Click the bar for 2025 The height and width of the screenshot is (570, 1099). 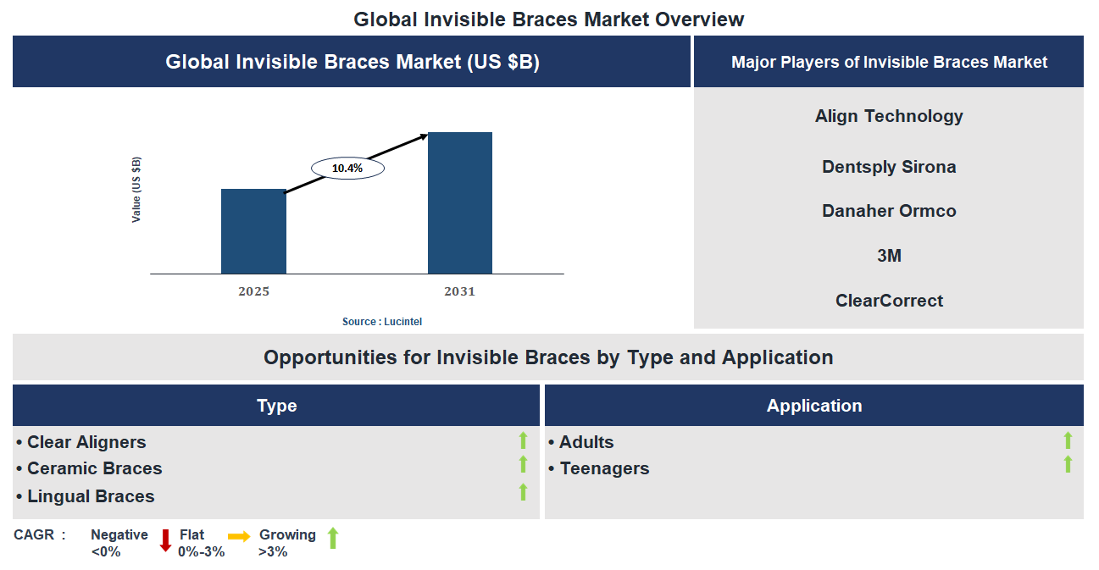(x=253, y=231)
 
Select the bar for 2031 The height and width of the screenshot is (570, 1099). (x=459, y=203)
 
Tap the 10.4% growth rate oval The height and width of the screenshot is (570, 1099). (x=347, y=169)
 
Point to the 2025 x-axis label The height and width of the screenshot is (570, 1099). (x=253, y=291)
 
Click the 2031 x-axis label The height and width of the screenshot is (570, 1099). (x=459, y=291)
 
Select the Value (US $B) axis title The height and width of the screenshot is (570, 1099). (x=136, y=190)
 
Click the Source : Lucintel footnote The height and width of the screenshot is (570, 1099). (x=381, y=322)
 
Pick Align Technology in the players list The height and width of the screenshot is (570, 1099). (x=889, y=116)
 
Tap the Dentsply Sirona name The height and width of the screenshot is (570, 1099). (x=889, y=167)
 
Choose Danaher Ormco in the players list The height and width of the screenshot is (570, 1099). (x=889, y=211)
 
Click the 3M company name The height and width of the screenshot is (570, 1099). (x=889, y=255)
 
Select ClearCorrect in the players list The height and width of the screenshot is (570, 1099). (x=889, y=301)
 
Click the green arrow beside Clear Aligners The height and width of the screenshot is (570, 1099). (x=523, y=440)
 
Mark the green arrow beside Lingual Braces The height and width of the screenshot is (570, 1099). (x=523, y=492)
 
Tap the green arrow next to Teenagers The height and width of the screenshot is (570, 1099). (x=1068, y=464)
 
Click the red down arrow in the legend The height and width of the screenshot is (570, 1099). (x=166, y=540)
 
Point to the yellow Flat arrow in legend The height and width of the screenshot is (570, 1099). (x=239, y=536)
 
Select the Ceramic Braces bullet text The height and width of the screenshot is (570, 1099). (x=94, y=468)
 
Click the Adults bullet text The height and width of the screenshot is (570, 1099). (x=586, y=442)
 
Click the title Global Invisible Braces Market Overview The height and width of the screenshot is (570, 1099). (x=548, y=19)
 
